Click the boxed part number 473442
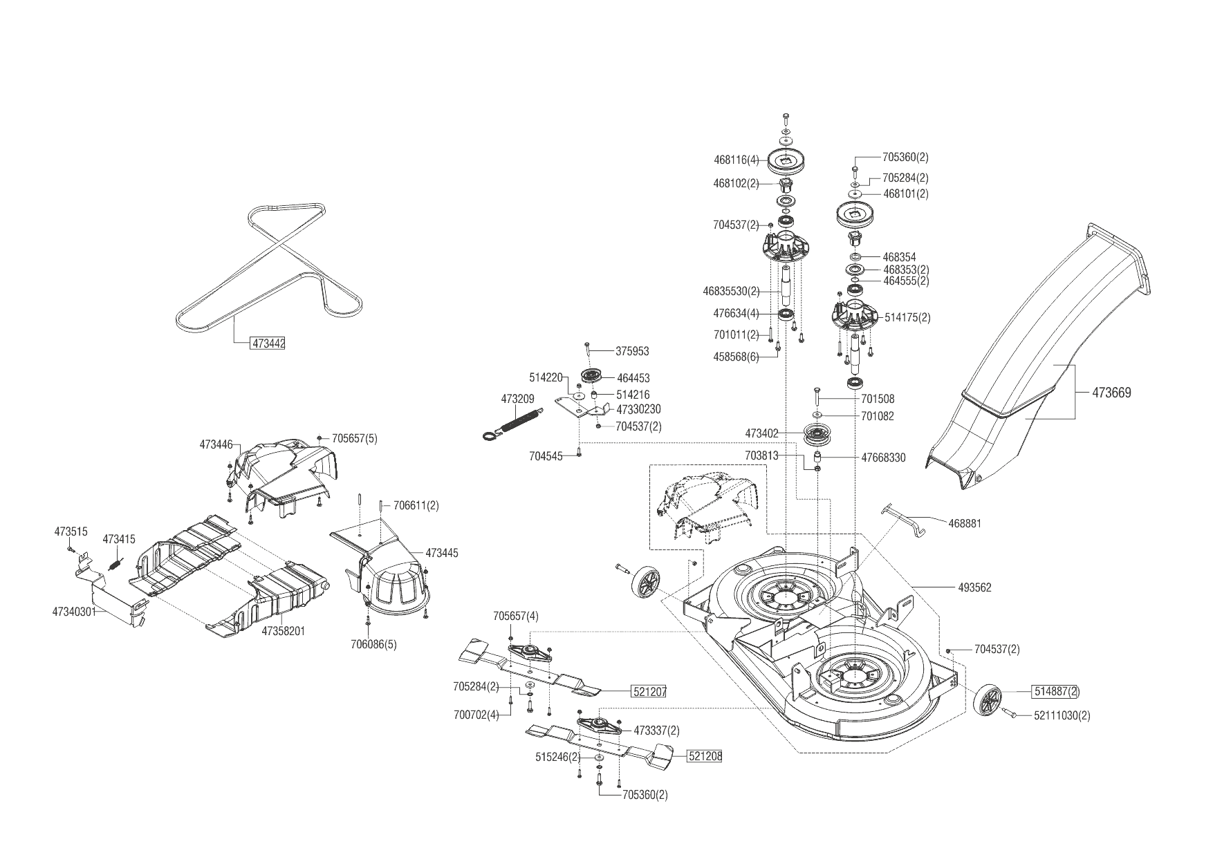pos(268,343)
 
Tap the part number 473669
pos(1111,393)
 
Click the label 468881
pos(964,524)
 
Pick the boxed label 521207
pos(649,691)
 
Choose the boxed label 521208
pos(705,757)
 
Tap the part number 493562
pos(974,588)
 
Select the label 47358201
pos(283,631)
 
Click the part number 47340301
pos(73,611)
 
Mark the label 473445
pos(441,554)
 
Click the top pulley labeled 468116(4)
pos(786,160)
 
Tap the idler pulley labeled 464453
pos(592,377)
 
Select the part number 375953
pos(632,352)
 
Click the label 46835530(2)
pos(731,292)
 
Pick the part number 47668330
pos(883,458)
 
